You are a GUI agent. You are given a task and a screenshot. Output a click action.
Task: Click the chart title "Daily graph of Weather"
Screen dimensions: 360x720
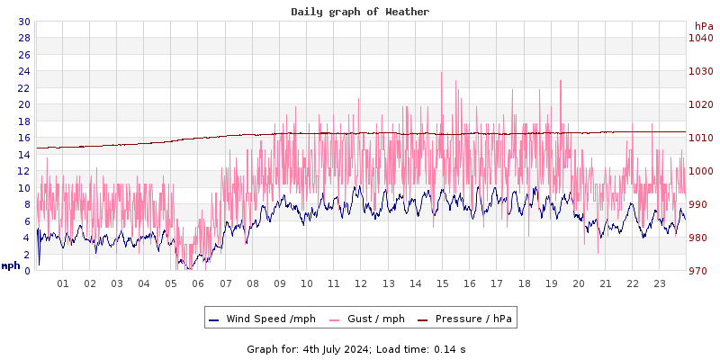tap(360, 12)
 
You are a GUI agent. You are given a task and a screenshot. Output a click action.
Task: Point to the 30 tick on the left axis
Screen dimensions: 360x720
tap(23, 22)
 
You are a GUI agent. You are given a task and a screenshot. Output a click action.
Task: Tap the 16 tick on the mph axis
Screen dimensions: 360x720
tap(23, 138)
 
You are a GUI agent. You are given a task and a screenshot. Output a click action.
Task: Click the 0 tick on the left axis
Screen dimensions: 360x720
tap(27, 271)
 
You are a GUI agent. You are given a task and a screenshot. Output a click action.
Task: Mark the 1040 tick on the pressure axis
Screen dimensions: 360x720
tap(700, 38)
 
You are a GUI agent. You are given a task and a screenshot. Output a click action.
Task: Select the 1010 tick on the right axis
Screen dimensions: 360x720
tap(700, 138)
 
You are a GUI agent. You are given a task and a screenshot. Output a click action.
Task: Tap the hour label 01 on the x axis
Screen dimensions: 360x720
tap(63, 283)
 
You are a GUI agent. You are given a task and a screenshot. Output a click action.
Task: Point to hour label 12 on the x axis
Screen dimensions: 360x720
tap(361, 283)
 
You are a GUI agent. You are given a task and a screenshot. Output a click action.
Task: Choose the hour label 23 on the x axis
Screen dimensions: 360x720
tap(659, 283)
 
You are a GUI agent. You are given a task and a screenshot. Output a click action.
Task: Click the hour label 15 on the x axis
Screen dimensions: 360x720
tap(442, 283)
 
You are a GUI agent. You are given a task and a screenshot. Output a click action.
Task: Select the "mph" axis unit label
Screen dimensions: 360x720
tap(11, 265)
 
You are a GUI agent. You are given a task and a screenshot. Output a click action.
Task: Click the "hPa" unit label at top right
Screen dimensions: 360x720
tap(704, 26)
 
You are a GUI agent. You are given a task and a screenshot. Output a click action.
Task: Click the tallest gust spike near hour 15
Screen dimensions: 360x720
tap(442, 74)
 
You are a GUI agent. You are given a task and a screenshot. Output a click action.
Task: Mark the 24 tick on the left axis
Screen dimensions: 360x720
tap(23, 71)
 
